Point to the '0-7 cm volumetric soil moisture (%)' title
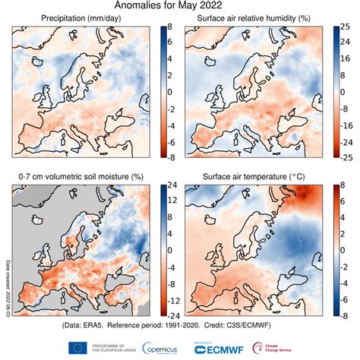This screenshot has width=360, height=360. [84, 175]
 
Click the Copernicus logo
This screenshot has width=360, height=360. [157, 347]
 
